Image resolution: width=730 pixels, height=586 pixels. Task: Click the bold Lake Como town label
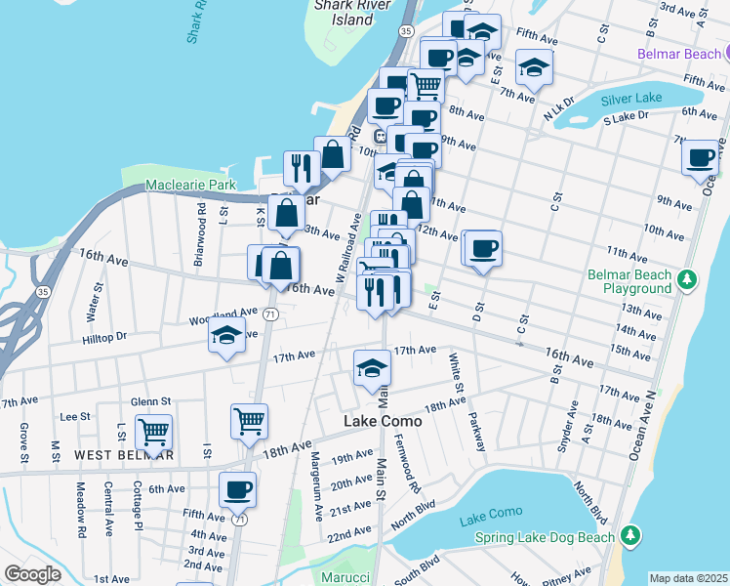coord(383,421)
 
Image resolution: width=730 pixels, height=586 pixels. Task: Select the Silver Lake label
coord(631,100)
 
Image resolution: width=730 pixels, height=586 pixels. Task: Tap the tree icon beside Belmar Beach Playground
coord(688,281)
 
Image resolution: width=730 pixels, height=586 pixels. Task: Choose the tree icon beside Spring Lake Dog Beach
coord(631,536)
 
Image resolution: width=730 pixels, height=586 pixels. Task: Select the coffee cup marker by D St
coord(482,248)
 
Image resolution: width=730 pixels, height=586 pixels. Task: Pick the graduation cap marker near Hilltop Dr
coord(226,336)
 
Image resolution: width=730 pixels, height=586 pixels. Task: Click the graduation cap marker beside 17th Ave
coord(372,368)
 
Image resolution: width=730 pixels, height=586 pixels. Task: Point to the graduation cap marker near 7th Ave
coord(534,67)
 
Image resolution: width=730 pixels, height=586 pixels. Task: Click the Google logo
coord(32,574)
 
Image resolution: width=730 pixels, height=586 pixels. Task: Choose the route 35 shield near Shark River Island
coord(404,31)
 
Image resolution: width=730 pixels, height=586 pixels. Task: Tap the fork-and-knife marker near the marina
coord(300,168)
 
